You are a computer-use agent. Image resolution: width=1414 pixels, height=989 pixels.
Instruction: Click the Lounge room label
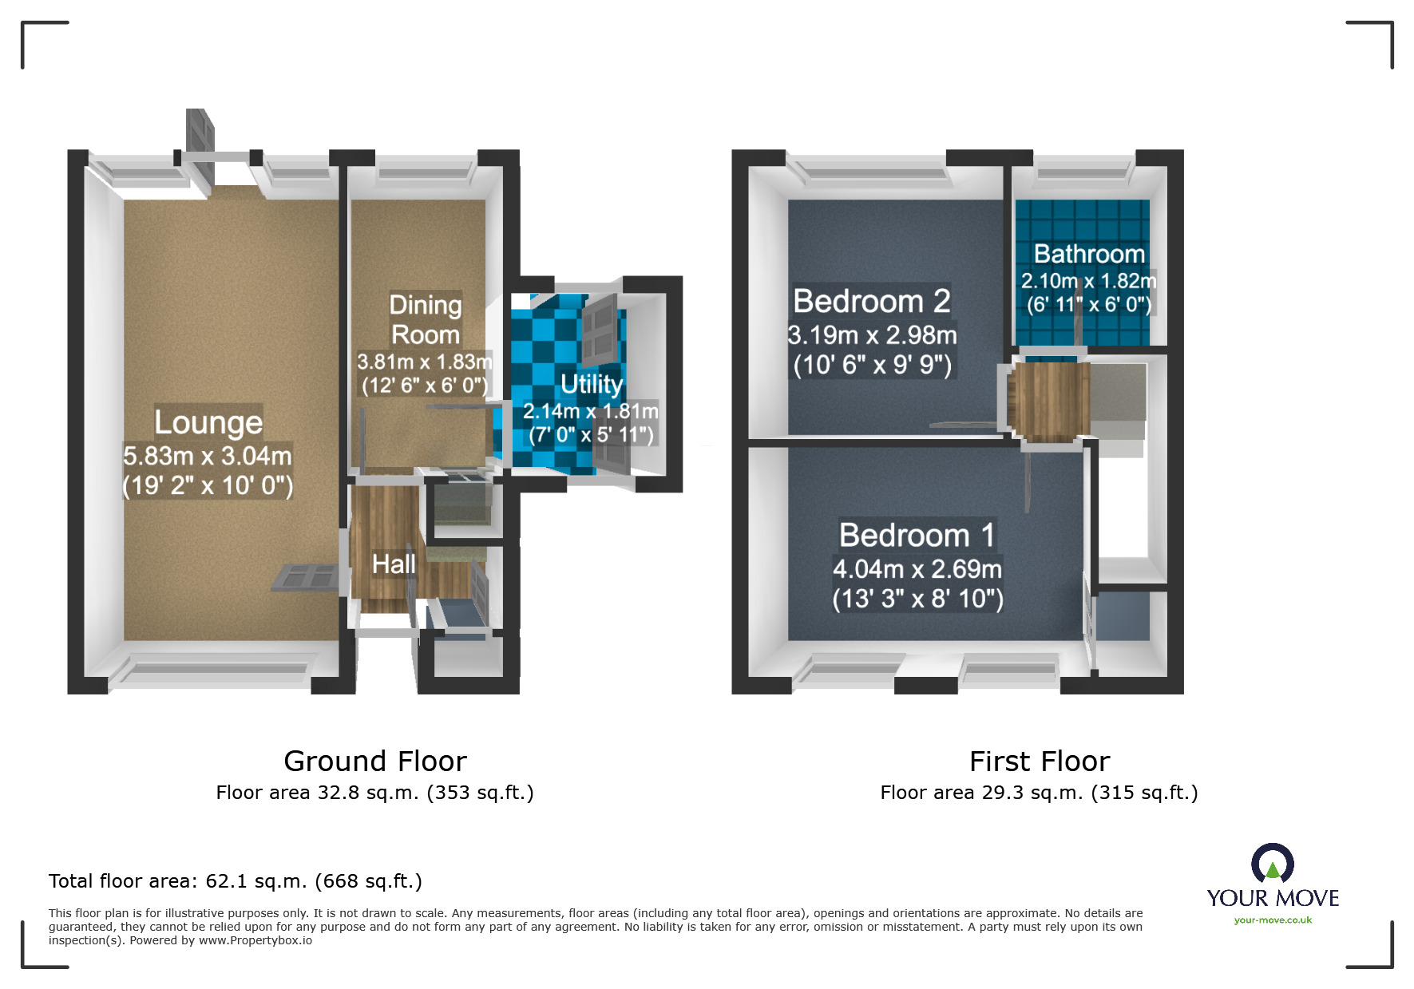coord(208,422)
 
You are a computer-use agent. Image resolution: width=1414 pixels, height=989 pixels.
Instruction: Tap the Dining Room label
coord(425,319)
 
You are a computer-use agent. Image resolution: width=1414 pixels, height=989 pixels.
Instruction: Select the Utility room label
coord(591,384)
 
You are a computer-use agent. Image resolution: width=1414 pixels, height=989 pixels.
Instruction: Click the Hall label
coord(393,564)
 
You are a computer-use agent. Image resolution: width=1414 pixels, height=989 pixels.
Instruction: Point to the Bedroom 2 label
coord(871,302)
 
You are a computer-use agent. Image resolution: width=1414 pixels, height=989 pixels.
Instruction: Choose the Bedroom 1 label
coord(917,535)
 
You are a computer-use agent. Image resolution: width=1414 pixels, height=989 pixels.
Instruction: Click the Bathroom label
coord(1088,254)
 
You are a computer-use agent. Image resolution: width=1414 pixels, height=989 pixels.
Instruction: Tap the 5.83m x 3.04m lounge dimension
coord(208,456)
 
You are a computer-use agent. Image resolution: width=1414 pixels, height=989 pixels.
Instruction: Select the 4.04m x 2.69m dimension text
coord(917,569)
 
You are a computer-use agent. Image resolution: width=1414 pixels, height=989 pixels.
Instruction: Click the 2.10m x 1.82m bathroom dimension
coord(1088,281)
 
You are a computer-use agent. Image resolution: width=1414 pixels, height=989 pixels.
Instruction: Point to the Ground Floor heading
coord(374,761)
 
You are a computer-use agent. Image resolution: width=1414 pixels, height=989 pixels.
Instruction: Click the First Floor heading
coord(1039,761)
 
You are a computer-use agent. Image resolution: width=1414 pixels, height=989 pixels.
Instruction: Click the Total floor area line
coord(235,881)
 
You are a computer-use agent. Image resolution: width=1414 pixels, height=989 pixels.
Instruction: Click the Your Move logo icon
coord(1272,864)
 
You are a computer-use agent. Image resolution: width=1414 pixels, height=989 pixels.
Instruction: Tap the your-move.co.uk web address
coord(1273,920)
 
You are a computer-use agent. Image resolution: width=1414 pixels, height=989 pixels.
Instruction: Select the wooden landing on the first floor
coord(1048,399)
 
